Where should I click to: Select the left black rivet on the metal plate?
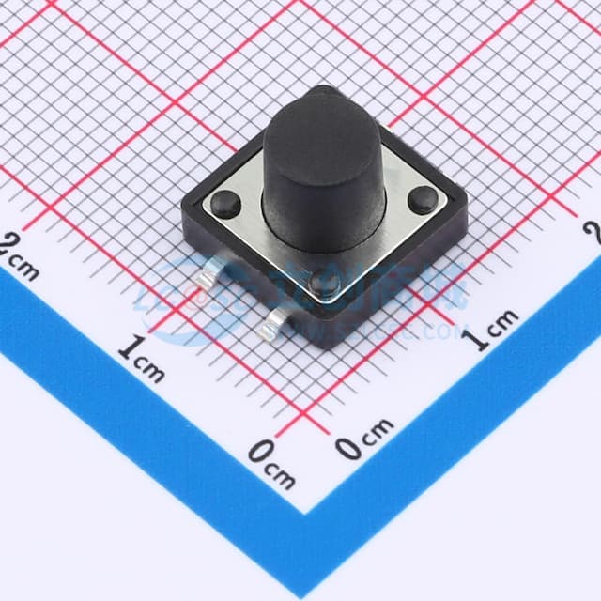[225, 201]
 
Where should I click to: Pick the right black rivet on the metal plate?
[423, 197]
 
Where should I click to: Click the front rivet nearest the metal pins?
[326, 282]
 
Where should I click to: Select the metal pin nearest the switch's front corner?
[275, 324]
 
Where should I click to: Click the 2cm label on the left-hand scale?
[21, 259]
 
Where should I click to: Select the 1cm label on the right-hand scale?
[494, 330]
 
